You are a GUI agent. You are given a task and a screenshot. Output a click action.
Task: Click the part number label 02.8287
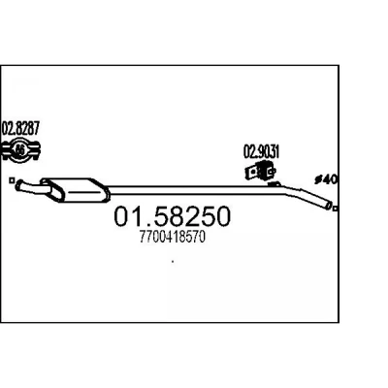[x=20, y=128]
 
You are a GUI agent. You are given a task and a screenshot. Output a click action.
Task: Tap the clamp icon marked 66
[x=20, y=150]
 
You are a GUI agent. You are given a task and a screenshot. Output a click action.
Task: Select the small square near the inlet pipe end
[x=12, y=180]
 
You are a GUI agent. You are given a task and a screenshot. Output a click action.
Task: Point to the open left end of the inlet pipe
[x=19, y=185]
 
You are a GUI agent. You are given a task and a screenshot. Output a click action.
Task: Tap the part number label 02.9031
[x=261, y=151]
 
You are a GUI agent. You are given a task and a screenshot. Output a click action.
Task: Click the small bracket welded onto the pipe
[x=275, y=184]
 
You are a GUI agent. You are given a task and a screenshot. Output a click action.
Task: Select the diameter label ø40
[x=326, y=179]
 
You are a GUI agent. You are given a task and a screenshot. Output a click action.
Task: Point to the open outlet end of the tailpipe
[x=329, y=205]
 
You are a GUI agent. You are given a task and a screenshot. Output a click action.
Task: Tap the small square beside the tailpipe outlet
[x=336, y=209]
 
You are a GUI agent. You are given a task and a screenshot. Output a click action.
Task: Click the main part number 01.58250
[x=173, y=216]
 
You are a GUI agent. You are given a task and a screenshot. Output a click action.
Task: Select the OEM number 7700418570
[x=173, y=238]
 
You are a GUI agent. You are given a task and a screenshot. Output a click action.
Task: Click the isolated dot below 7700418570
[x=173, y=261]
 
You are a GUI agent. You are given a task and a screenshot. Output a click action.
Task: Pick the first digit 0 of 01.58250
[x=122, y=216]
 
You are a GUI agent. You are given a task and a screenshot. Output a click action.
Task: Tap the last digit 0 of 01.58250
[x=222, y=216]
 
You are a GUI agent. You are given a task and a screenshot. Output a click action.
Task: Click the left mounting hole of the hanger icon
[x=250, y=173]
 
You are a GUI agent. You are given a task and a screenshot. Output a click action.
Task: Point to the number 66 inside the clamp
[x=20, y=150]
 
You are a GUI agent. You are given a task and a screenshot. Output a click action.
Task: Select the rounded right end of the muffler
[x=106, y=192]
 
